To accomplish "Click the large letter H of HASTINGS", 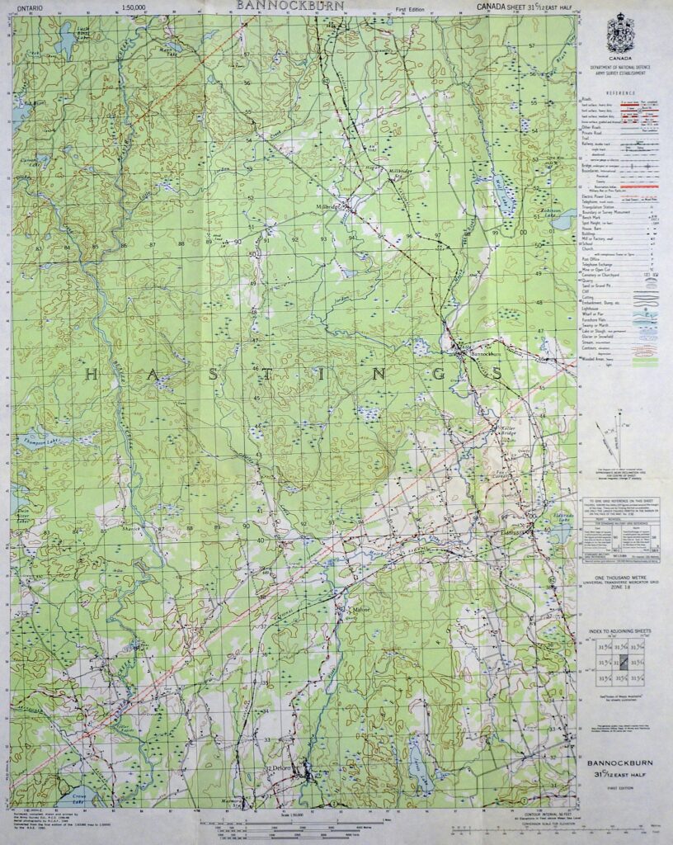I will (92, 374).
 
